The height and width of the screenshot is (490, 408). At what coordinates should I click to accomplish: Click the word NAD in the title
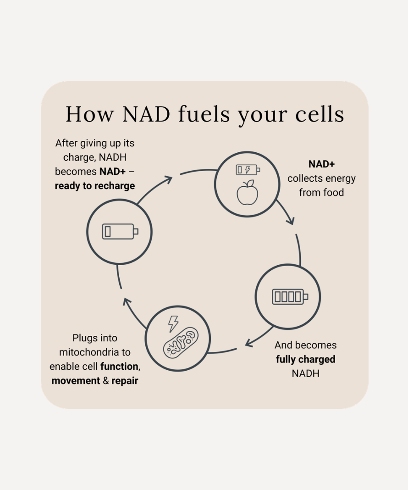pos(146,114)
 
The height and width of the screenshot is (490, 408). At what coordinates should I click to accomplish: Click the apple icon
pos(247,193)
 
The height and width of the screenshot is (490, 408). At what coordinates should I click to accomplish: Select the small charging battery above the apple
pos(248,170)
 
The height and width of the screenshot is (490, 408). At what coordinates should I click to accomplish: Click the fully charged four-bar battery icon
pos(290,296)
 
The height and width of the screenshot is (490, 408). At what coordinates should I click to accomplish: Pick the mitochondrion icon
pos(181,343)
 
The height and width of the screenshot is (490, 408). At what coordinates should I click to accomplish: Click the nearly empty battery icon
pos(120,232)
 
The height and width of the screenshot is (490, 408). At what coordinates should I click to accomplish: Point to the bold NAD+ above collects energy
pos(321,164)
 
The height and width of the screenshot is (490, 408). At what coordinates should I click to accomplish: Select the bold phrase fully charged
pos(306,359)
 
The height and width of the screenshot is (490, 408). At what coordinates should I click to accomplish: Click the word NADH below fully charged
pos(306,373)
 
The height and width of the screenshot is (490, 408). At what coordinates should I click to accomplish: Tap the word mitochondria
pos(85,352)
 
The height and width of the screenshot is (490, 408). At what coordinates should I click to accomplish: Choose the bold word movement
pos(76,381)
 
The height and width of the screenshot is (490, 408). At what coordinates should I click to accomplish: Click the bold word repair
pos(125,381)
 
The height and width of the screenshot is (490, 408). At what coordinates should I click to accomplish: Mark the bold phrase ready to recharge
pos(95,186)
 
